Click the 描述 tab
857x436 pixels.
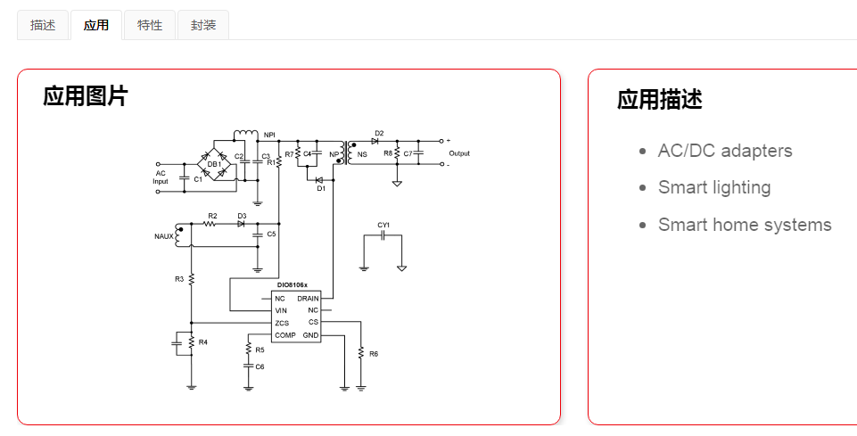point(43,25)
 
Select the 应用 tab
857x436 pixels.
point(96,25)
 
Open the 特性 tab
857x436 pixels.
point(150,25)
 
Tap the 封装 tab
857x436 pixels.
point(203,25)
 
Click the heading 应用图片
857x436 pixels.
point(86,96)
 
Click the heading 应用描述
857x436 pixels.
point(659,100)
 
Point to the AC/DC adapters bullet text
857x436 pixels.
point(725,151)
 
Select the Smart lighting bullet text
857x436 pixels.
point(714,187)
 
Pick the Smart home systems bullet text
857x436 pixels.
point(745,225)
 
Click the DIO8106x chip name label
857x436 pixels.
point(292,285)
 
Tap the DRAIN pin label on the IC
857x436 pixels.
point(308,298)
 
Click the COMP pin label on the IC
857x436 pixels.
point(285,335)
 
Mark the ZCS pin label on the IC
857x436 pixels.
point(282,323)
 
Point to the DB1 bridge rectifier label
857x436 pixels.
point(214,164)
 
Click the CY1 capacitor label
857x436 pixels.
point(383,225)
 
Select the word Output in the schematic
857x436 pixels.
point(459,153)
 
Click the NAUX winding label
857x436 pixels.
point(164,236)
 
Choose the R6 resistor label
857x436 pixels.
point(373,354)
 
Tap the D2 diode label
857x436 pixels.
point(379,133)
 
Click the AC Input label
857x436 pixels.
point(161,177)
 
